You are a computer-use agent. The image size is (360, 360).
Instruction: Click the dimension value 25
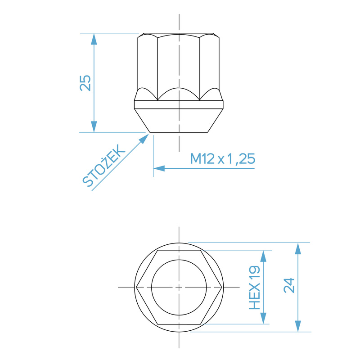point(85,83)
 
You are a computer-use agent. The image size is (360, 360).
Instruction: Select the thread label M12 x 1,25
point(222,159)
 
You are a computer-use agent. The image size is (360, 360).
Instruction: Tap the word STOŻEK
point(103,166)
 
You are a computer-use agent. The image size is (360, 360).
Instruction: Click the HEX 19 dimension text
point(255,287)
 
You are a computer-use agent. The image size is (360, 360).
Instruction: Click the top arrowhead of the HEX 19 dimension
point(264,256)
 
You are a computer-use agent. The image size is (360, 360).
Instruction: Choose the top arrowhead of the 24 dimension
point(297,248)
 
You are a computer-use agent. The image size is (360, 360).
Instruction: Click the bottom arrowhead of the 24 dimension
point(297,326)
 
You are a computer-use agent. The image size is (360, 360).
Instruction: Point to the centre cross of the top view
point(179,287)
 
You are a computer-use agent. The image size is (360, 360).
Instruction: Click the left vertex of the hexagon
point(136,287)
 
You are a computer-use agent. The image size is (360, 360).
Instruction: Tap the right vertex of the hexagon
point(222,287)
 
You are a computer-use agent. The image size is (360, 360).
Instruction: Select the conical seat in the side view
point(179,121)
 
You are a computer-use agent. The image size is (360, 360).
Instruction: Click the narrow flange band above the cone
point(179,105)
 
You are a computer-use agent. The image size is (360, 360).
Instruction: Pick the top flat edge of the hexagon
point(179,250)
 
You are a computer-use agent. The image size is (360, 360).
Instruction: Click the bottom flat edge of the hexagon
point(179,324)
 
